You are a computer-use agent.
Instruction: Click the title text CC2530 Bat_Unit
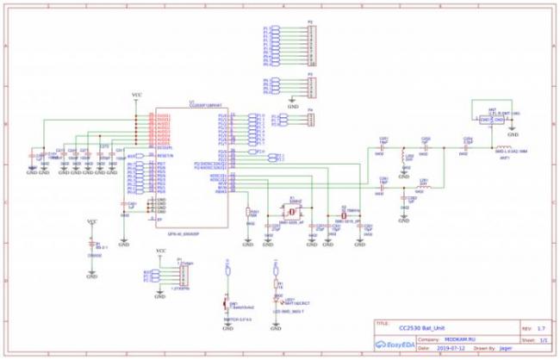pyautogui.click(x=421, y=328)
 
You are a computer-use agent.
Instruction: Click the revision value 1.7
pyautogui.click(x=540, y=328)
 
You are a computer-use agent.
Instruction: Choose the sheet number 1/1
pyautogui.click(x=543, y=338)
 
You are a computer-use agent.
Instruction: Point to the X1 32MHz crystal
pyautogui.click(x=291, y=209)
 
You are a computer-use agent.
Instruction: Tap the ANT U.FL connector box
pyautogui.click(x=490, y=118)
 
